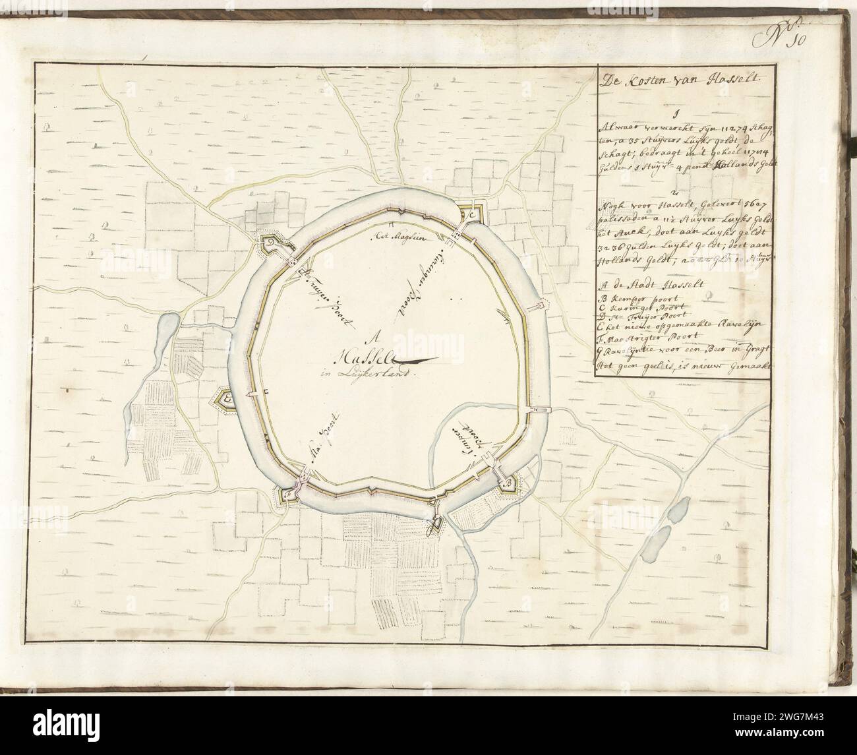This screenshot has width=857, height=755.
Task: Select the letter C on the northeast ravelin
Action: (x=473, y=215)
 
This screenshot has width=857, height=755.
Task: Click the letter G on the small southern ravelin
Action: (x=434, y=524)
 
